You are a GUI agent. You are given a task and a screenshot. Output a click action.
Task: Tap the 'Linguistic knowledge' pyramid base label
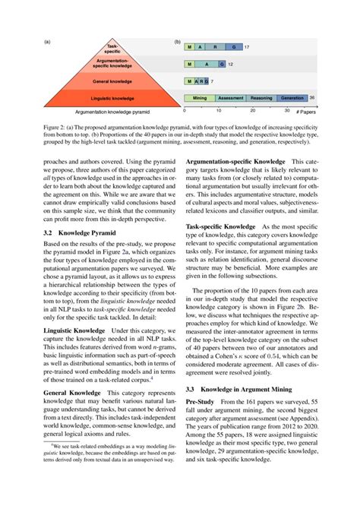[112, 97]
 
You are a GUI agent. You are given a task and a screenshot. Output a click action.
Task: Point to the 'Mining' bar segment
[200, 98]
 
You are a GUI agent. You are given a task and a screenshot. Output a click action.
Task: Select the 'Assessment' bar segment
[230, 98]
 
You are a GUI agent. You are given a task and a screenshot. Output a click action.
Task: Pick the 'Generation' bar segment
[292, 98]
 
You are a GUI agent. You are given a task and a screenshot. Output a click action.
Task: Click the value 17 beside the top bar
[247, 47]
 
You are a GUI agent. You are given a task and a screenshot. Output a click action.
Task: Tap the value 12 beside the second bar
[230, 65]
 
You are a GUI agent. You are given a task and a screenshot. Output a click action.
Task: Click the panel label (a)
[48, 42]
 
